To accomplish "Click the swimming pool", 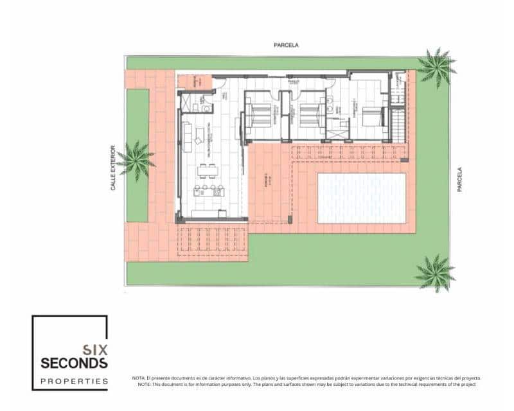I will point(362,198).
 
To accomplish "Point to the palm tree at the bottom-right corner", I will point(435,272).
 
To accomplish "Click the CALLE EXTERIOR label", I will point(113,168).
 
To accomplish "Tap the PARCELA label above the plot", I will point(286,45).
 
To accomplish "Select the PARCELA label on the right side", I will point(459,179).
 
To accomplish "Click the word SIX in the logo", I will point(94,350).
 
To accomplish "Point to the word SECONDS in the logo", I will point(74,363).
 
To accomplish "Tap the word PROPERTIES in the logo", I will point(74,381).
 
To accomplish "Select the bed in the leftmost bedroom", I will point(259,116).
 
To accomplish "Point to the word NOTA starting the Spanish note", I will point(139,378).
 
